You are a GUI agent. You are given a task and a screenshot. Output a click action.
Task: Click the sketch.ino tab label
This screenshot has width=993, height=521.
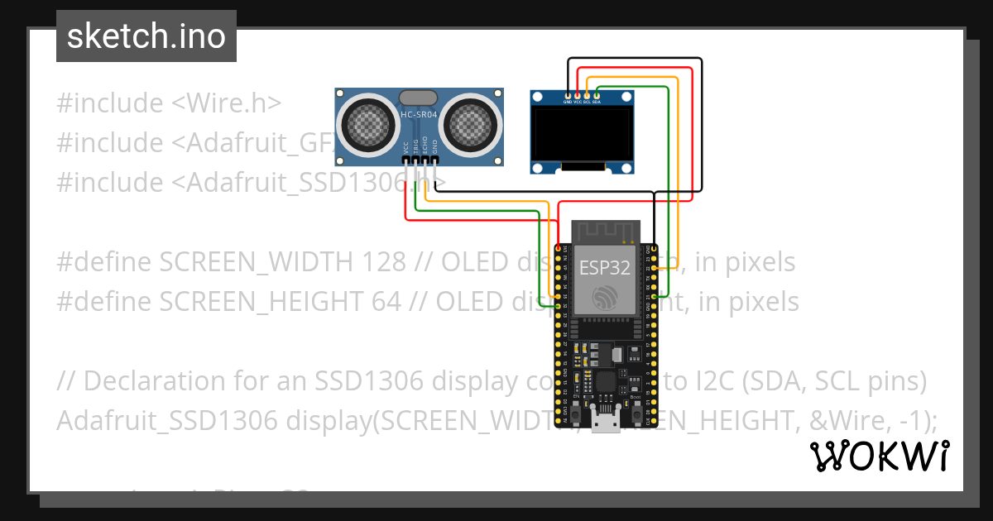coord(146,36)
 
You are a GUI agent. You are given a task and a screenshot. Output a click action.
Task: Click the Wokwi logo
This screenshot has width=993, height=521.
coord(879,456)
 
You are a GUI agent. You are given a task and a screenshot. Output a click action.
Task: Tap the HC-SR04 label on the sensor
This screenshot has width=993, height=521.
coord(420,115)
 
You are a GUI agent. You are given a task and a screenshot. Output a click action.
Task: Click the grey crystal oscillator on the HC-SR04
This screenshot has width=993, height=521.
coord(419,98)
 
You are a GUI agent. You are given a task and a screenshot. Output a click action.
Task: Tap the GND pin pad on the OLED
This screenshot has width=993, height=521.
coord(568,96)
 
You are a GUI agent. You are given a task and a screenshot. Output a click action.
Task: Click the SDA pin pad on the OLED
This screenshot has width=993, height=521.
coord(597,96)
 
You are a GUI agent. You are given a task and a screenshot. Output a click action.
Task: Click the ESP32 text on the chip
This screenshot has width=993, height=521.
coord(604,267)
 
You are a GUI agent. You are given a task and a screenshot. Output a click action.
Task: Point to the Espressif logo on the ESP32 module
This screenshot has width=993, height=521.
coord(604,298)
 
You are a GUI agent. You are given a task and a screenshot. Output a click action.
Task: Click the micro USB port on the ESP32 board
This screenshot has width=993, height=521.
coord(605,423)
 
